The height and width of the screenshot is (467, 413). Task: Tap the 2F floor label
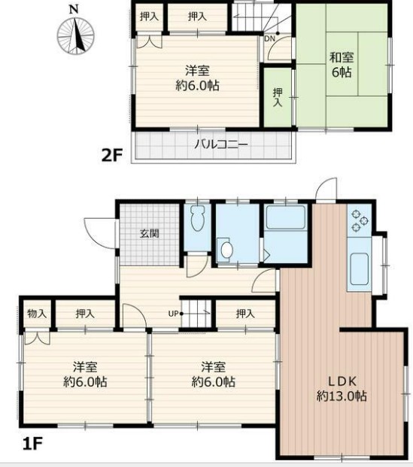point(111,156)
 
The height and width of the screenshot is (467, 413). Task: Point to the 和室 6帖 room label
point(344,64)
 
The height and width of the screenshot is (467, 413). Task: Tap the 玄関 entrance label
point(149,233)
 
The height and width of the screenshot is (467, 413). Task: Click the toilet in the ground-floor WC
point(197,220)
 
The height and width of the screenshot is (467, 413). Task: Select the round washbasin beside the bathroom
point(226,249)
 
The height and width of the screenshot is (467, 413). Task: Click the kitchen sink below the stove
point(359,268)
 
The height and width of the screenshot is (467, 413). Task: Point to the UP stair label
point(172,314)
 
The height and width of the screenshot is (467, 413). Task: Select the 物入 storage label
point(36,314)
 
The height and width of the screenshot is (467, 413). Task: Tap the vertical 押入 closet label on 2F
point(277,97)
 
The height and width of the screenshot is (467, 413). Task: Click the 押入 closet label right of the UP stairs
point(244,314)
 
